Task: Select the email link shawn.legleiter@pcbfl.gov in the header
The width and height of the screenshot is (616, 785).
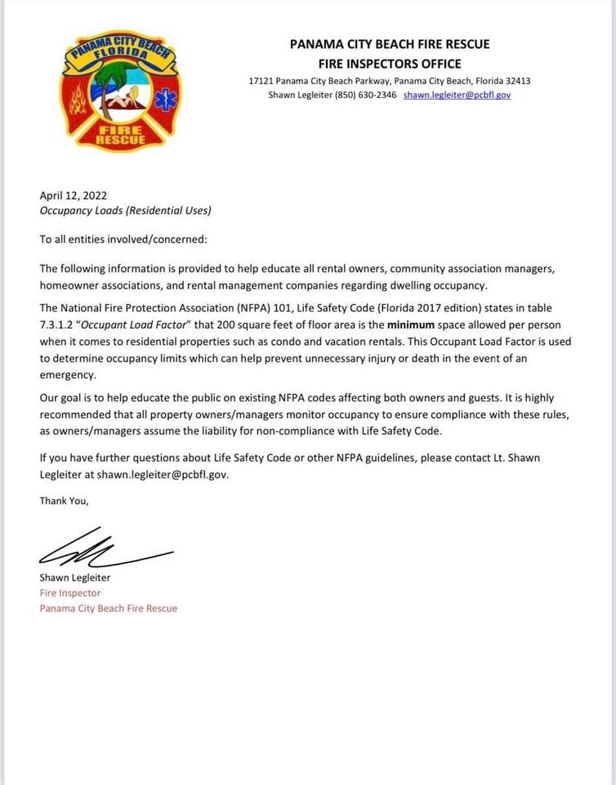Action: (457, 95)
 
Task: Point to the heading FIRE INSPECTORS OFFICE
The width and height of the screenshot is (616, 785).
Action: (390, 63)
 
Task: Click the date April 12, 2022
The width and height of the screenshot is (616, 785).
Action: (74, 195)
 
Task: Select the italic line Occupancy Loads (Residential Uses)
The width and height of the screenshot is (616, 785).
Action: (125, 210)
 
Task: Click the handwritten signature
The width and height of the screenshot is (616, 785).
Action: (102, 549)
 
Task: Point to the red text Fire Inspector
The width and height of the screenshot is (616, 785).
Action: (70, 593)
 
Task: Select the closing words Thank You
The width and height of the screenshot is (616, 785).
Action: (64, 500)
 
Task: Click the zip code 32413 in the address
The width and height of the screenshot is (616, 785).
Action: (516, 81)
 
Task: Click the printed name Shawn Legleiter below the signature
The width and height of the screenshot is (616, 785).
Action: (75, 577)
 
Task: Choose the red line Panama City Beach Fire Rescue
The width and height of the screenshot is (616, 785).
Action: (108, 608)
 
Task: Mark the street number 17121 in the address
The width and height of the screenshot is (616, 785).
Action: (261, 81)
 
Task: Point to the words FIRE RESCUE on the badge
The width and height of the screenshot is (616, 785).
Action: (120, 135)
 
